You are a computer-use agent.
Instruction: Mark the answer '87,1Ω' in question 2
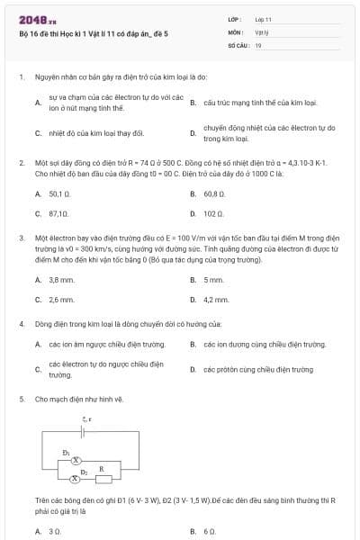click(58, 214)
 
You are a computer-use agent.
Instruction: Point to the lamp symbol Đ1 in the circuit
click(76, 459)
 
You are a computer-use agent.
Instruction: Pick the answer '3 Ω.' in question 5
click(54, 532)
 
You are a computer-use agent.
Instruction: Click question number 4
click(21, 322)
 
